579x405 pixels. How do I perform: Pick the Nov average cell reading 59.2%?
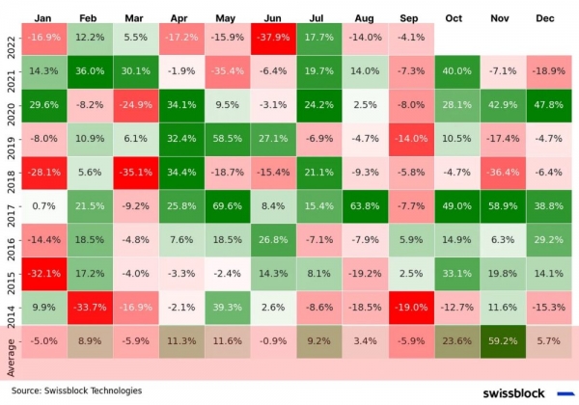tap(506, 338)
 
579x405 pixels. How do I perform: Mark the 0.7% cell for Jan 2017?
tap(41, 203)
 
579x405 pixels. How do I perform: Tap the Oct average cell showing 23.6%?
tap(459, 338)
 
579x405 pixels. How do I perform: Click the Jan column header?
tap(41, 17)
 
